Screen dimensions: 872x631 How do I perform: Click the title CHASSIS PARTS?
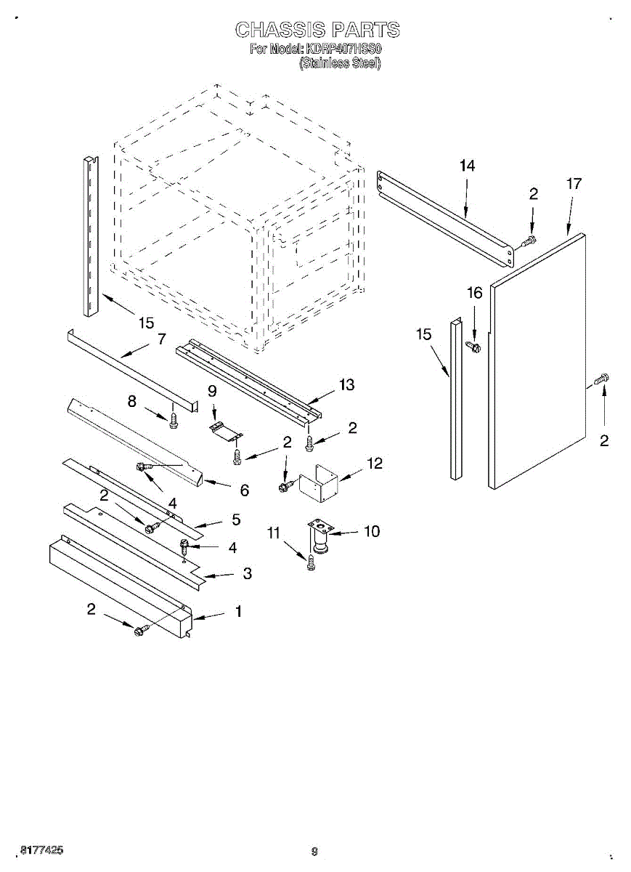pos(317,30)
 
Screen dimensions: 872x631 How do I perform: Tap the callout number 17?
pos(574,185)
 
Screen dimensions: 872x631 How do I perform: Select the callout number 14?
pos(467,166)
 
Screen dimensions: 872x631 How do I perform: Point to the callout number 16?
pos(474,293)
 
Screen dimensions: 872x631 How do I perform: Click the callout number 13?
pos(347,385)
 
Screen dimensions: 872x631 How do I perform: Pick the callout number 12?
pos(374,463)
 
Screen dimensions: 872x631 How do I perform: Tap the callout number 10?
pos(371,532)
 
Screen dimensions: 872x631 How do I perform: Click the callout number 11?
pos(273,533)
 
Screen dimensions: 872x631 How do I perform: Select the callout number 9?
pos(212,391)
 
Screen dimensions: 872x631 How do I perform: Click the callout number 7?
pos(161,338)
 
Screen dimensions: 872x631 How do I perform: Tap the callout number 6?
pos(244,490)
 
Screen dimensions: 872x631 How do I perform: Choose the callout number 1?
pos(237,612)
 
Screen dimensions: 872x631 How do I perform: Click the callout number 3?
pos(247,574)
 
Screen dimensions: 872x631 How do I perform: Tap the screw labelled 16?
pos(476,345)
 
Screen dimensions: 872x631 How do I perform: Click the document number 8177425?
pos(41,849)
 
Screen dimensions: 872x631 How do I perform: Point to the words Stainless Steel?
pos(340,63)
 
